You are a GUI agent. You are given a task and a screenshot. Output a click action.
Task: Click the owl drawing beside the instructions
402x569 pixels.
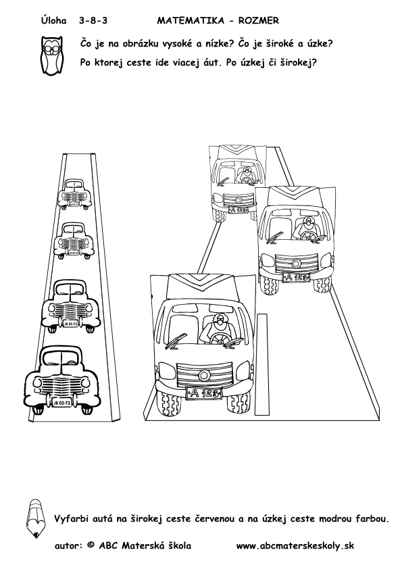pyautogui.click(x=51, y=55)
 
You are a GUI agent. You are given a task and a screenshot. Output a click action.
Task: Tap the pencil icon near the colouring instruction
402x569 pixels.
pyautogui.click(x=36, y=518)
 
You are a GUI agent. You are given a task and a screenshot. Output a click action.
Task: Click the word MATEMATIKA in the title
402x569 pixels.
pyautogui.click(x=191, y=21)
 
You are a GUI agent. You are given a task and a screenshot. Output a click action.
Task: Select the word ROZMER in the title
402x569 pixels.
pyautogui.click(x=259, y=21)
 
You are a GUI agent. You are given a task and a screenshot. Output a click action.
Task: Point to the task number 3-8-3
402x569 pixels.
pyautogui.click(x=93, y=21)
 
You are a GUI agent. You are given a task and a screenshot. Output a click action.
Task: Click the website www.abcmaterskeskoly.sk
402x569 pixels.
pyautogui.click(x=295, y=546)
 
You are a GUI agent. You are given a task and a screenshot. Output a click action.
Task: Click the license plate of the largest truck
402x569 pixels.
pyautogui.click(x=203, y=393)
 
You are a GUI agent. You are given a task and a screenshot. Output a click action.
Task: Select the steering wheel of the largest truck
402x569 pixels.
pyautogui.click(x=219, y=339)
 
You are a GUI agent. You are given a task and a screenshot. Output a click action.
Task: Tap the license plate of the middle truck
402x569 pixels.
pyautogui.click(x=296, y=277)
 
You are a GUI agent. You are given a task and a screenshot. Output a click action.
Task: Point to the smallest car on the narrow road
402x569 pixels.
pyautogui.click(x=75, y=195)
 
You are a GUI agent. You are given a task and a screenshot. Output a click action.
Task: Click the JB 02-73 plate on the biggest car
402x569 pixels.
pyautogui.click(x=61, y=403)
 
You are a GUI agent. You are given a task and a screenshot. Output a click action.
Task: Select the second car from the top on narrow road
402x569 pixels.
pyautogui.click(x=74, y=241)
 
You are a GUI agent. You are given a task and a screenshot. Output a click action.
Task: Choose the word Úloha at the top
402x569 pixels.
pyautogui.click(x=53, y=20)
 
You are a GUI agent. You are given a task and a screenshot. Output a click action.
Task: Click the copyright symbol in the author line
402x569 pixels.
pyautogui.click(x=91, y=545)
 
